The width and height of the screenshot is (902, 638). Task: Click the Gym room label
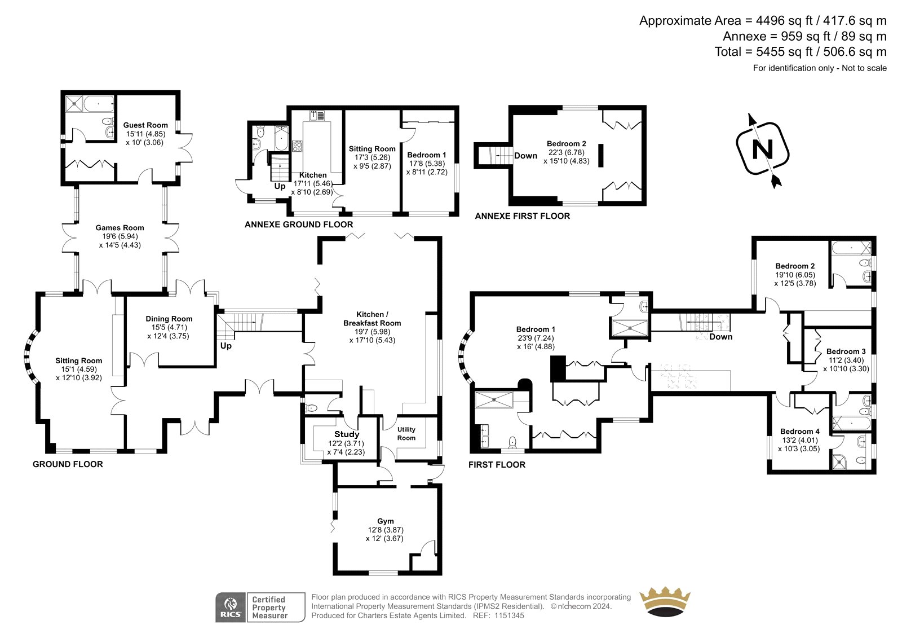[386, 521]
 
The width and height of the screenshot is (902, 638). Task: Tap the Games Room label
[120, 228]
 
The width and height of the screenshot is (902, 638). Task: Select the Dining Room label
[169, 319]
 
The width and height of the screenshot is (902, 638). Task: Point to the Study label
[346, 434]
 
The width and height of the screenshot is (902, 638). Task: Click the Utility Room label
[406, 434]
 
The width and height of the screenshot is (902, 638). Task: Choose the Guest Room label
[145, 125]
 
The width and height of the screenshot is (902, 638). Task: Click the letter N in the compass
[762, 149]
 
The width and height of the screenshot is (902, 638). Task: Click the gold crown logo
[665, 602]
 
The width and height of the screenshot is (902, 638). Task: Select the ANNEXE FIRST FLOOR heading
[522, 216]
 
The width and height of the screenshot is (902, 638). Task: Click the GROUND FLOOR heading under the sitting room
[68, 464]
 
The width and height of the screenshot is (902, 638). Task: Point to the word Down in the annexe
[525, 156]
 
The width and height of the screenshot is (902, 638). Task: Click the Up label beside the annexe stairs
[280, 186]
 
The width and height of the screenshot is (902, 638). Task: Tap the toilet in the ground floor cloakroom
[311, 408]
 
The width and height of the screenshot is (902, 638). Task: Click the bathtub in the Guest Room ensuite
[99, 104]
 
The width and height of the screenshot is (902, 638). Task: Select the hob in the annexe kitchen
[297, 146]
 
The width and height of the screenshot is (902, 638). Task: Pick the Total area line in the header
[801, 52]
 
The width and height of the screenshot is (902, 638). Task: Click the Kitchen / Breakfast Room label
[372, 319]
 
